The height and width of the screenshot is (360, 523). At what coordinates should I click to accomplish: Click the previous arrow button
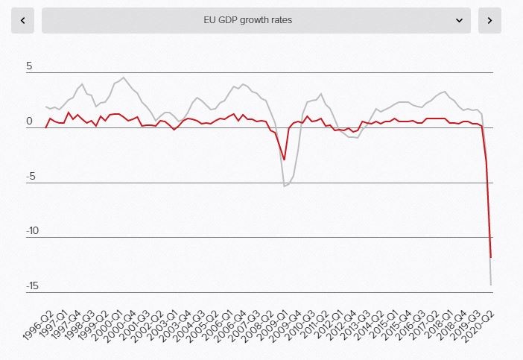[x=22, y=20]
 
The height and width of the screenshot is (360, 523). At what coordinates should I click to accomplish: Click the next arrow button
[x=489, y=20]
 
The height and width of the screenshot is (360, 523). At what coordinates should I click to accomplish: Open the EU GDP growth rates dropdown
[x=256, y=20]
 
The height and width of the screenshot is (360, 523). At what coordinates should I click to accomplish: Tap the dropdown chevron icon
[x=460, y=20]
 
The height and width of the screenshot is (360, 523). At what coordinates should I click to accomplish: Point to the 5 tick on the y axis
[x=30, y=66]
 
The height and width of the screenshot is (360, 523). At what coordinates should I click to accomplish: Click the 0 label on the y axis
[x=30, y=121]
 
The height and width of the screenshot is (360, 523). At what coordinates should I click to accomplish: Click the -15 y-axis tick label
[x=32, y=287]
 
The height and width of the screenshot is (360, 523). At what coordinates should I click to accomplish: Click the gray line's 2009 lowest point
[x=284, y=186]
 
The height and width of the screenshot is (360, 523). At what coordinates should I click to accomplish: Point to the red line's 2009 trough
[x=284, y=159]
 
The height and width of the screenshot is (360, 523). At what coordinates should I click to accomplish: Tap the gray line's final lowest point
[x=491, y=285]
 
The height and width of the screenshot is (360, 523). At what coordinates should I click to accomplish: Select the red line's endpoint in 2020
[x=491, y=257]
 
